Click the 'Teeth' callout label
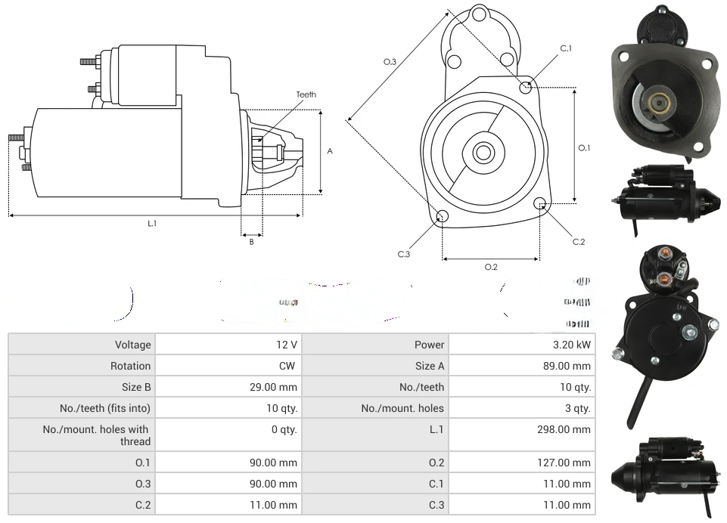click(306, 94)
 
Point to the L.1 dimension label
click(152, 223)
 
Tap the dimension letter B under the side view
click(252, 242)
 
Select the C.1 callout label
click(565, 48)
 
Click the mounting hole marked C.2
click(540, 203)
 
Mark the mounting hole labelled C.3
click(443, 218)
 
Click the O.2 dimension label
click(491, 266)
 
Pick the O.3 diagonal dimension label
click(390, 61)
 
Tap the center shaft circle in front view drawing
click(483, 153)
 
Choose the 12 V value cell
click(287, 345)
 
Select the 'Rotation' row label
click(130, 366)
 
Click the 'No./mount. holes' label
click(402, 408)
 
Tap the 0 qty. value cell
click(284, 429)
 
